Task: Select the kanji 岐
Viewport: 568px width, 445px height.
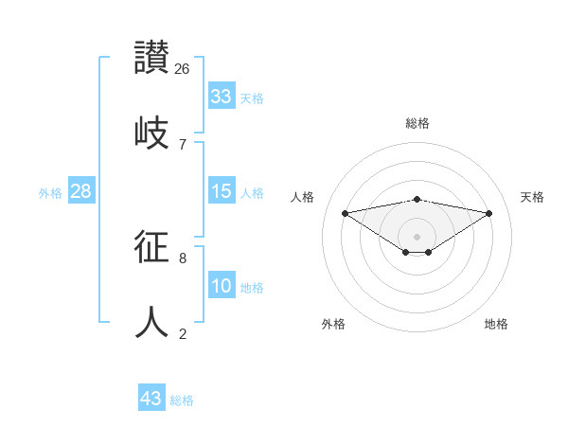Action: (152, 132)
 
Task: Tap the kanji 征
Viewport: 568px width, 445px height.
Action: (152, 247)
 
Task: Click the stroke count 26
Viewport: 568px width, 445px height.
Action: (183, 68)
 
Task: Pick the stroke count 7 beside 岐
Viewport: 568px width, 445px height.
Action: (183, 144)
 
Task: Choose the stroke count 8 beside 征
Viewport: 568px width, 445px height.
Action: (183, 258)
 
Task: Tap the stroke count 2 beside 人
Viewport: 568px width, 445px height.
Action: (183, 333)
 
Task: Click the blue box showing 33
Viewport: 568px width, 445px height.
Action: (222, 97)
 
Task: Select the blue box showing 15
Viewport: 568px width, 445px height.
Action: (222, 191)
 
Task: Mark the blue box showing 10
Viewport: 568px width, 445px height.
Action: (222, 286)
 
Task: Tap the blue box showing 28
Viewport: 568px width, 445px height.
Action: (80, 191)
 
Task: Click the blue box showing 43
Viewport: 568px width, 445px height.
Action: (151, 399)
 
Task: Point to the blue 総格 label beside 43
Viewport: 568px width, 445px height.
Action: (182, 400)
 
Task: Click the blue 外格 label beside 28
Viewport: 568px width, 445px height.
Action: (50, 193)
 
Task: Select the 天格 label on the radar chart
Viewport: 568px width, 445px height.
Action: (532, 197)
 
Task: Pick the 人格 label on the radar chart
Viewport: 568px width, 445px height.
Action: (302, 197)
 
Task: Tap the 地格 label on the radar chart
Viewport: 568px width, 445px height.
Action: (496, 324)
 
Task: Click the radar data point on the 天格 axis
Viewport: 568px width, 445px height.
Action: (489, 213)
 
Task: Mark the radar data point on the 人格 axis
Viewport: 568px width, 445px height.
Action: (345, 212)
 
